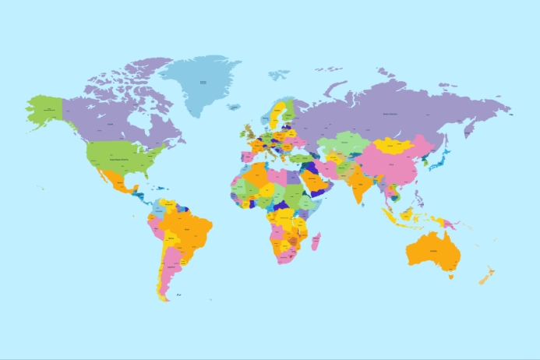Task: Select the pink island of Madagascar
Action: (x=316, y=241)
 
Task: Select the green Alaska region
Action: (x=44, y=109)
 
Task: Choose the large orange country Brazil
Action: (x=191, y=230)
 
